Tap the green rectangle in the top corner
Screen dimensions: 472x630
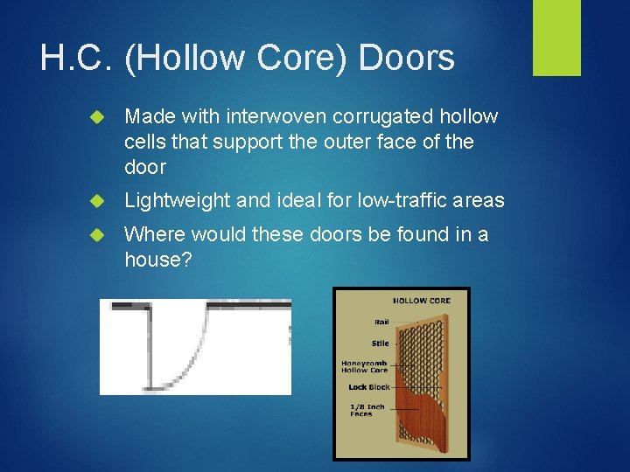(x=557, y=38)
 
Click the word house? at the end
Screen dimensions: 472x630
(x=160, y=260)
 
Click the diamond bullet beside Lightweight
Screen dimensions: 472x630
(x=97, y=201)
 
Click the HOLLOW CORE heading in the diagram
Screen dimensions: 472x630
(x=421, y=301)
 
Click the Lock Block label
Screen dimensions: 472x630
(x=368, y=386)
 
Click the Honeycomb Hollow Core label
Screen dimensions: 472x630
(x=365, y=366)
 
